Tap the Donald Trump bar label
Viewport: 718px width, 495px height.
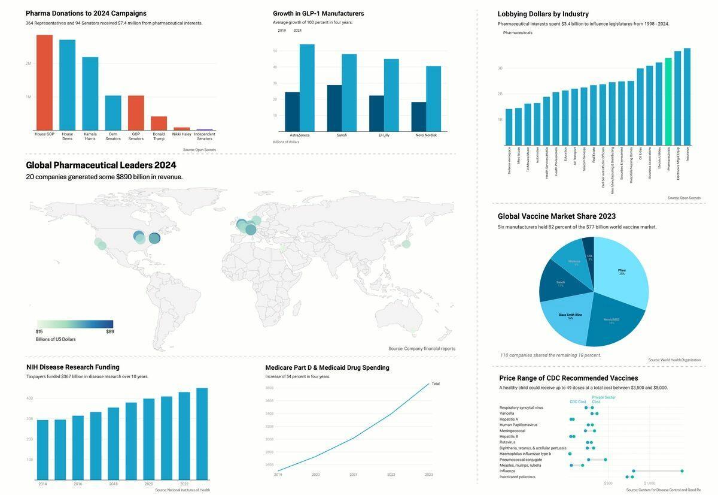click(159, 137)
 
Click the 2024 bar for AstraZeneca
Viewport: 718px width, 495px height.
click(307, 87)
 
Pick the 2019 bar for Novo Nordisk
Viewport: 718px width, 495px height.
click(419, 117)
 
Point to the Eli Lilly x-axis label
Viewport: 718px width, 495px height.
click(384, 135)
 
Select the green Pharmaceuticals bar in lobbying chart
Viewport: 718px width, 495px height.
click(668, 101)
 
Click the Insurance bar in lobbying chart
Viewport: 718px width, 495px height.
click(687, 96)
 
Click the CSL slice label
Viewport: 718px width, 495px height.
click(590, 257)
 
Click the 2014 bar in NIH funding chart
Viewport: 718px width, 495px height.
click(42, 449)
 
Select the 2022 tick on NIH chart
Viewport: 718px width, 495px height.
click(184, 484)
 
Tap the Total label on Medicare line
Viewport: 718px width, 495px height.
click(436, 384)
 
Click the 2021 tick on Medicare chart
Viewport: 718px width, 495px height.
click(354, 475)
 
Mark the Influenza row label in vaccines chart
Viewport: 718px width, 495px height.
click(507, 471)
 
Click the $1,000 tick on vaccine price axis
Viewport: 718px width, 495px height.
click(649, 483)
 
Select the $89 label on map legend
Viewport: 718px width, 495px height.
click(110, 331)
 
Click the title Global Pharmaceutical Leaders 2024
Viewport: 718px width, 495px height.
click(101, 165)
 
